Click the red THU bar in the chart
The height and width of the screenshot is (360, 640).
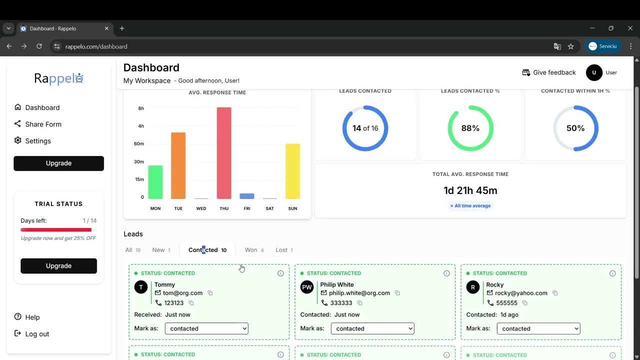point(224,153)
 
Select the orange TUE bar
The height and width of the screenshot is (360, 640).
point(178,165)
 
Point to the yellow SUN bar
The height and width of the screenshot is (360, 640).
point(292,171)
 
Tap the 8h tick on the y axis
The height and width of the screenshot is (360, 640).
point(141,108)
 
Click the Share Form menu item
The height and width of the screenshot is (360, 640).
point(43,124)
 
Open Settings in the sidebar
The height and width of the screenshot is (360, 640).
point(38,141)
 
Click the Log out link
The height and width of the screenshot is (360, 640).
point(37,334)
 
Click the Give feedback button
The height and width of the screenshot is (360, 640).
point(549,72)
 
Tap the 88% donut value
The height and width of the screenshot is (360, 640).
point(470,128)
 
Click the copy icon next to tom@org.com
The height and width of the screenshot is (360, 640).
point(210,293)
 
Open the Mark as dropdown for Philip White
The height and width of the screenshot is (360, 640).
point(372,328)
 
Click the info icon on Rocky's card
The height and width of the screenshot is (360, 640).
point(612,273)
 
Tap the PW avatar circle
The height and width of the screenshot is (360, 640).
point(307,287)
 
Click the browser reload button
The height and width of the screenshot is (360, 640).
point(39,46)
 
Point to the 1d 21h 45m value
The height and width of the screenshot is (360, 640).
point(470,190)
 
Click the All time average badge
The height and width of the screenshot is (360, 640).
point(470,206)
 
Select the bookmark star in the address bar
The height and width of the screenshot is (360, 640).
point(571,46)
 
